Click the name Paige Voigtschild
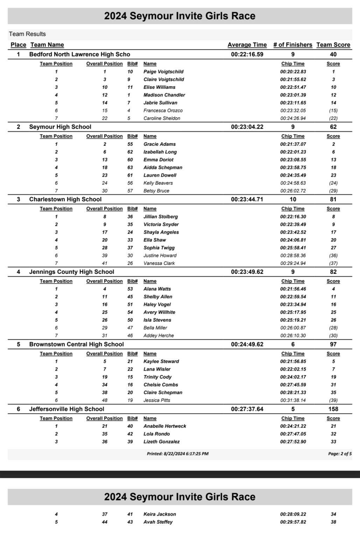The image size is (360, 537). pos(163,72)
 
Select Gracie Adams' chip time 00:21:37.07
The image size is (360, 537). pos(293,144)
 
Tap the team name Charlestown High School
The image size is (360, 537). pos(65,199)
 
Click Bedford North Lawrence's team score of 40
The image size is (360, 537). pos(333,54)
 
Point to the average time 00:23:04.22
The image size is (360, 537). pos(247,127)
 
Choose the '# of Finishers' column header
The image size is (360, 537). pos(292,45)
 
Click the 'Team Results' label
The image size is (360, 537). pos(27,34)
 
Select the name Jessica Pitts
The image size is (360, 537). pos(157,400)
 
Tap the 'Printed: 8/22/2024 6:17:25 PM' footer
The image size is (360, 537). pos(177,454)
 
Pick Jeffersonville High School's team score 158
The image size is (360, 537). pos(333,409)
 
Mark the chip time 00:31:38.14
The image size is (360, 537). pos(293,400)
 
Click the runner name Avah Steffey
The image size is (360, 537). pos(158,522)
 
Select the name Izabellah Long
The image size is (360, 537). pos(160,152)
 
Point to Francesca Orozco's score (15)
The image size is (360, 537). pos(333,110)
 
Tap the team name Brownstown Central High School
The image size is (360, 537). pos(76,344)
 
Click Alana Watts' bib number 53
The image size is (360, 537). pos(130,289)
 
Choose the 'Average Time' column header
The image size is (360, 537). pos(247,45)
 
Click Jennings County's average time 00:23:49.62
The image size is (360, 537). pos(247,272)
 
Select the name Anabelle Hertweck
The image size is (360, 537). pos(164,426)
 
